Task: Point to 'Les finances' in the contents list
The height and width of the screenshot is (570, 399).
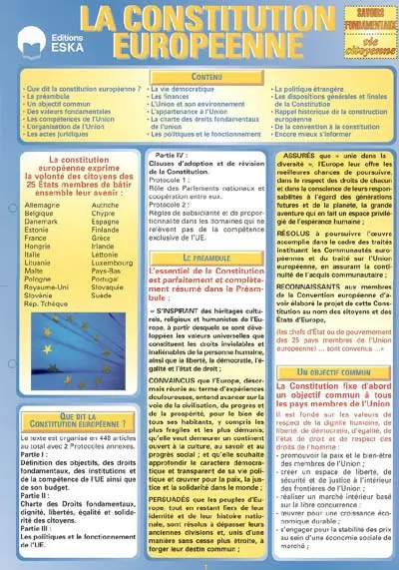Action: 175,97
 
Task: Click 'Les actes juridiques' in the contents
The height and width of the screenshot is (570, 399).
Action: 59,134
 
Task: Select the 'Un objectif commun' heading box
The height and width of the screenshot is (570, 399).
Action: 324,371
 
